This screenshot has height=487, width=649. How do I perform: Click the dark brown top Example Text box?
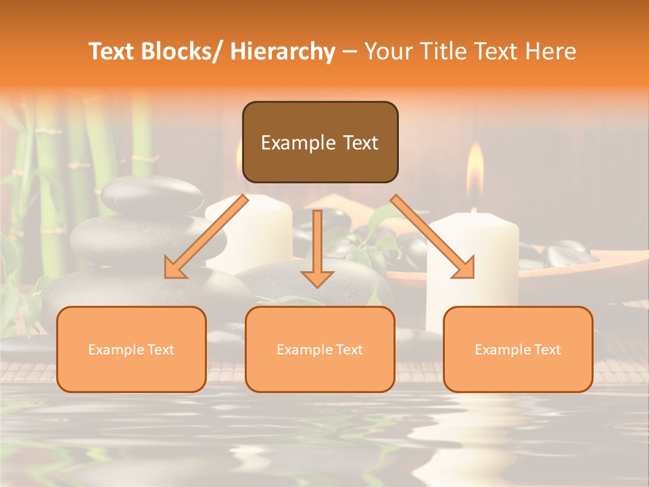point(320,142)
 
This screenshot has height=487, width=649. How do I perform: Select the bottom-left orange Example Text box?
point(131,349)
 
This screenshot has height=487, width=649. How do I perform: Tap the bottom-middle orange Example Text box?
point(320,349)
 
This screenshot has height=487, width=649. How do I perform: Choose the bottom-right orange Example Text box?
point(518,349)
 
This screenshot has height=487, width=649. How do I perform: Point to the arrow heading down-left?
point(206,237)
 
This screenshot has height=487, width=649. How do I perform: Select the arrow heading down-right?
point(433,237)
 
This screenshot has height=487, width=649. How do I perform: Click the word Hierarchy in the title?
point(283,51)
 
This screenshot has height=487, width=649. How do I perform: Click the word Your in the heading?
point(387,51)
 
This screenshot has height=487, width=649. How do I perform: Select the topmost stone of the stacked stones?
point(152,194)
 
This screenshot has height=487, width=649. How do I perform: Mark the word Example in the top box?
point(297,143)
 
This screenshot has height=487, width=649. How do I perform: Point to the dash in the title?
point(350,51)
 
